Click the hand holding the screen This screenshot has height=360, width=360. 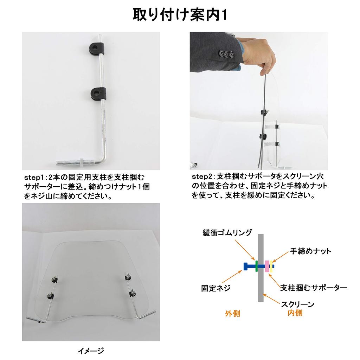point(259,57)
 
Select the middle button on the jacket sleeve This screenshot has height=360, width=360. point(226,54)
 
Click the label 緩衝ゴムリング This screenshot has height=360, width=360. point(227,233)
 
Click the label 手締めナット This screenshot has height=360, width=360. point(310,251)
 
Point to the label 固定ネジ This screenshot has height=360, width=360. point(216,288)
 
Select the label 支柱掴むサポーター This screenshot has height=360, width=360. point(313,288)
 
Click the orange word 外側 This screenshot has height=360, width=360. point(232,313)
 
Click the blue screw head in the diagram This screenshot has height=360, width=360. point(245,266)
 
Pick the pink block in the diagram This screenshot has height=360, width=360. point(267,266)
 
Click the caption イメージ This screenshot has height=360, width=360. point(91,351)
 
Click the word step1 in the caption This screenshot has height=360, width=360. point(34,177)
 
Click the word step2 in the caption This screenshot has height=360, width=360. point(202,176)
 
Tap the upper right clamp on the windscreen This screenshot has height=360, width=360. point(128,277)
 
